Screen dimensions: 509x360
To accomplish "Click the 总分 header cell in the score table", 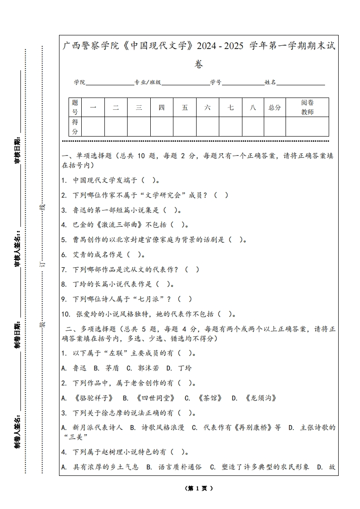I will (275, 108).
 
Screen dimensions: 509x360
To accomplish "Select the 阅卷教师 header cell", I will (307, 108).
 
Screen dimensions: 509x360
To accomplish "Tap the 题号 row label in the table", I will (75, 108).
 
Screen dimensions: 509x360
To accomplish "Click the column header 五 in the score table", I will (185, 108).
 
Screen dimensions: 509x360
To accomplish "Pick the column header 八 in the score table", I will (253, 108).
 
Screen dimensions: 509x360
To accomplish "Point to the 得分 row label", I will (75, 127).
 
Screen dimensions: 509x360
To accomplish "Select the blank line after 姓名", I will (301, 83).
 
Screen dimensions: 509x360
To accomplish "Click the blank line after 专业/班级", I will (185, 83).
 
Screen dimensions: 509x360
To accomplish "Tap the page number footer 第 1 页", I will (199, 488).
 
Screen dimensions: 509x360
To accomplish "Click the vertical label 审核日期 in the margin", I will (17, 150).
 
